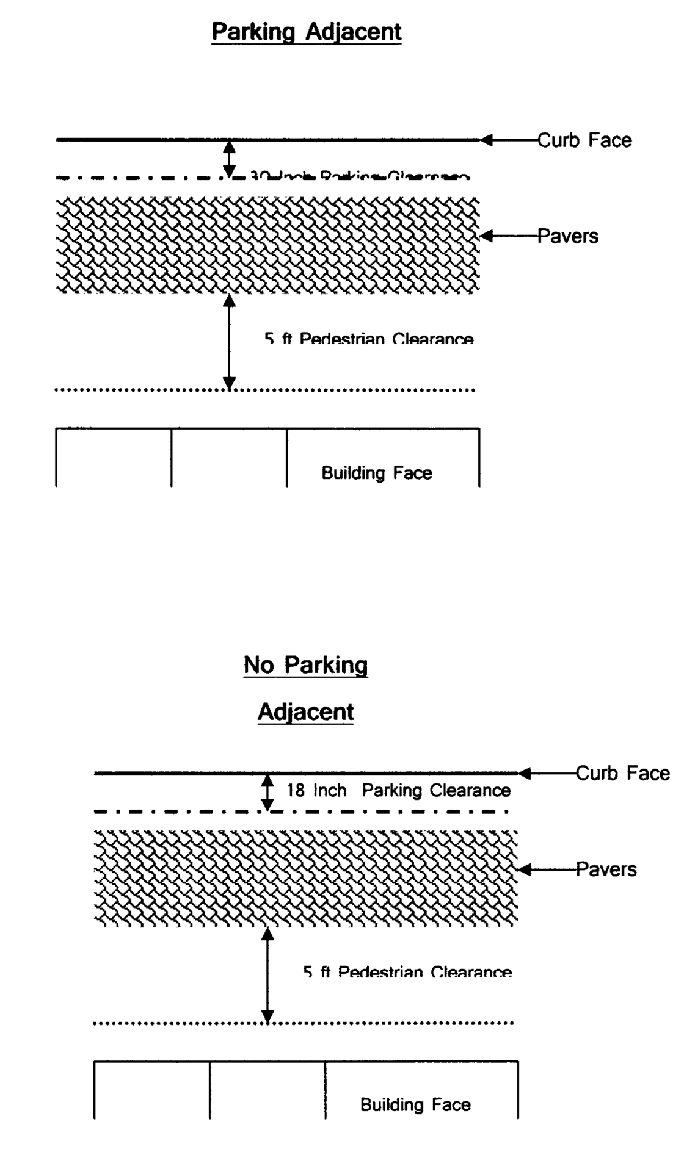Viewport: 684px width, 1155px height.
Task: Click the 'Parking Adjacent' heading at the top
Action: [306, 32]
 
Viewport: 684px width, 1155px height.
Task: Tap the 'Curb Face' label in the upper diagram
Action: [584, 140]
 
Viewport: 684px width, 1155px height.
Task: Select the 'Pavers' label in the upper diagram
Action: [567, 236]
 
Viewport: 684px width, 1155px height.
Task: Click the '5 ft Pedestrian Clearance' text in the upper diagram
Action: [369, 339]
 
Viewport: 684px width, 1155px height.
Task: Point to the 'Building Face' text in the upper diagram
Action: [377, 473]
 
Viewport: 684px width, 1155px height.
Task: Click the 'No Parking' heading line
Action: [305, 664]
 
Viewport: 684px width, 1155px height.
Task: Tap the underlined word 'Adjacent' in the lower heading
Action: [305, 711]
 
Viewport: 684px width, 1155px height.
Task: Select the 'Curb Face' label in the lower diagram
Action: [622, 773]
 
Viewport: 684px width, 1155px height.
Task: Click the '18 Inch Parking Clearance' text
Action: [399, 791]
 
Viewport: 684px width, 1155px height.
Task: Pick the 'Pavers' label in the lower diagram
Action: [606, 869]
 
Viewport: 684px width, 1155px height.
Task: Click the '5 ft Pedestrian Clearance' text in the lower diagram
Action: [407, 971]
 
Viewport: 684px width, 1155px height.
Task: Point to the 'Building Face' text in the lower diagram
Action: [415, 1104]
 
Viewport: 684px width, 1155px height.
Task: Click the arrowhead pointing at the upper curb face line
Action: [487, 140]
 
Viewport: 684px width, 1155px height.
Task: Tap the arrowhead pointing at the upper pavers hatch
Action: [487, 236]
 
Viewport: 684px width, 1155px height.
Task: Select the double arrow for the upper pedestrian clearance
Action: [229, 342]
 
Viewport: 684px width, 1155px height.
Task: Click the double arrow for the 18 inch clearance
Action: [267, 792]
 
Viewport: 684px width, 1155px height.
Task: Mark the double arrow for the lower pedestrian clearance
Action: [267, 975]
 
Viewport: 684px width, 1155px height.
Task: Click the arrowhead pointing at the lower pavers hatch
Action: [525, 869]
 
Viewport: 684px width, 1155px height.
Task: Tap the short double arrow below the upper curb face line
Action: [229, 159]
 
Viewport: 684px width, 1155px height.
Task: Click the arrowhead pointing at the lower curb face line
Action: [525, 773]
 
